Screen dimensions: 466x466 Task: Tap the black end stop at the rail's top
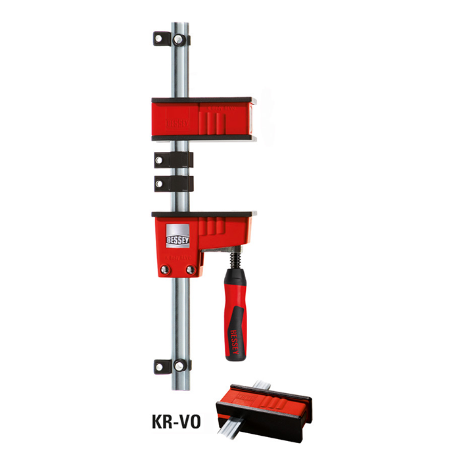tap(172, 38)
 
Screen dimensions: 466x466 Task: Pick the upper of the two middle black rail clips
tap(173, 159)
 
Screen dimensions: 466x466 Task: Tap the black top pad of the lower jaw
tap(204, 214)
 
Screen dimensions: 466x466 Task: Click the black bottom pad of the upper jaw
tap(204, 138)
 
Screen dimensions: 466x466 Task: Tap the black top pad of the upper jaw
tap(204, 100)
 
